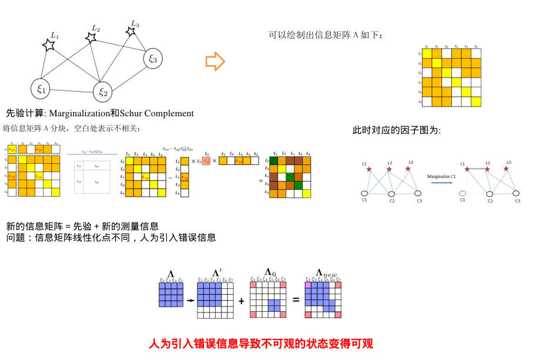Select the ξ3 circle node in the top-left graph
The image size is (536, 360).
pos(153,58)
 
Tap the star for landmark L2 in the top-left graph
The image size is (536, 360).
pos(91,38)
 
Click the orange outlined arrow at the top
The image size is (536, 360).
pos(215,61)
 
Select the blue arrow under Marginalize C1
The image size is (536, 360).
pos(441,183)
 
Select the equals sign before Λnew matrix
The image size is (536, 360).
pos(296,300)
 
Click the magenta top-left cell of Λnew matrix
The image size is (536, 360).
pos(308,284)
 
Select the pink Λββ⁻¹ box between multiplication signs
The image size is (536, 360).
pos(206,160)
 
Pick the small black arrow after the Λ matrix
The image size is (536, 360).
pos(189,300)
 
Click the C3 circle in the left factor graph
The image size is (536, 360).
pos(418,193)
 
